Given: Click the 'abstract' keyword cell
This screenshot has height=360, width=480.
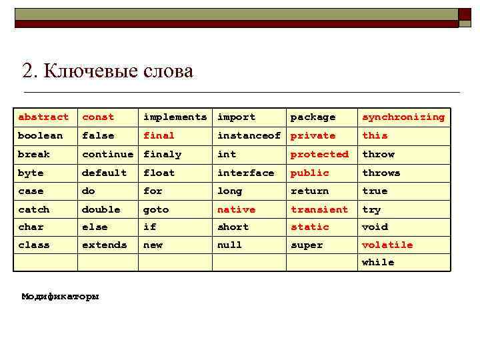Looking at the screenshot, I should pyautogui.click(x=43, y=117).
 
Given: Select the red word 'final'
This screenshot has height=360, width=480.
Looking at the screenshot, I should pyautogui.click(x=159, y=135).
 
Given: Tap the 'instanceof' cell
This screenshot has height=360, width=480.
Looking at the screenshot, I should pyautogui.click(x=249, y=135).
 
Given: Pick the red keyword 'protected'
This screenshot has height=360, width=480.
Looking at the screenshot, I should pyautogui.click(x=319, y=154).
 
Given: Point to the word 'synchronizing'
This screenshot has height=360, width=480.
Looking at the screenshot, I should pyautogui.click(x=403, y=117).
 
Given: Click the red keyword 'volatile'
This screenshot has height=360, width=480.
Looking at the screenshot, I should pyautogui.click(x=387, y=245).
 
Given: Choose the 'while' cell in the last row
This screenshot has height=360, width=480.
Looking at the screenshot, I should pyautogui.click(x=378, y=263).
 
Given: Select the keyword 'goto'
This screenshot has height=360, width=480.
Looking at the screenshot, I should pyautogui.click(x=156, y=209).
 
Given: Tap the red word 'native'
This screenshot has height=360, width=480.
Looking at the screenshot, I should pyautogui.click(x=236, y=209).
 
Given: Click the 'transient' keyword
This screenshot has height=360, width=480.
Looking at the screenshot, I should pyautogui.click(x=319, y=209).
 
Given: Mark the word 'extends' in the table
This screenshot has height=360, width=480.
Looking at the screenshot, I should pyautogui.click(x=104, y=245).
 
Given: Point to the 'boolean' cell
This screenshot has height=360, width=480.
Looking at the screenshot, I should pyautogui.click(x=41, y=135).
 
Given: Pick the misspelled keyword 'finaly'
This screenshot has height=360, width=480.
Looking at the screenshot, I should pyautogui.click(x=162, y=154).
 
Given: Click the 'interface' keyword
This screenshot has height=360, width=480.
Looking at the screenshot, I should pyautogui.click(x=245, y=173).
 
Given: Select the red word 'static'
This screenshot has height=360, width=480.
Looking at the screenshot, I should pyautogui.click(x=310, y=227).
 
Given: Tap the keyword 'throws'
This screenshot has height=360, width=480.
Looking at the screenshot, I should pyautogui.click(x=381, y=173).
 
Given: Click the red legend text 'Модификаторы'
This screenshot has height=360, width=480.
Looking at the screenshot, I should pyautogui.click(x=60, y=296).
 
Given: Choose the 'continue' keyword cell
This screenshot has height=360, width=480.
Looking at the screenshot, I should pyautogui.click(x=107, y=154).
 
